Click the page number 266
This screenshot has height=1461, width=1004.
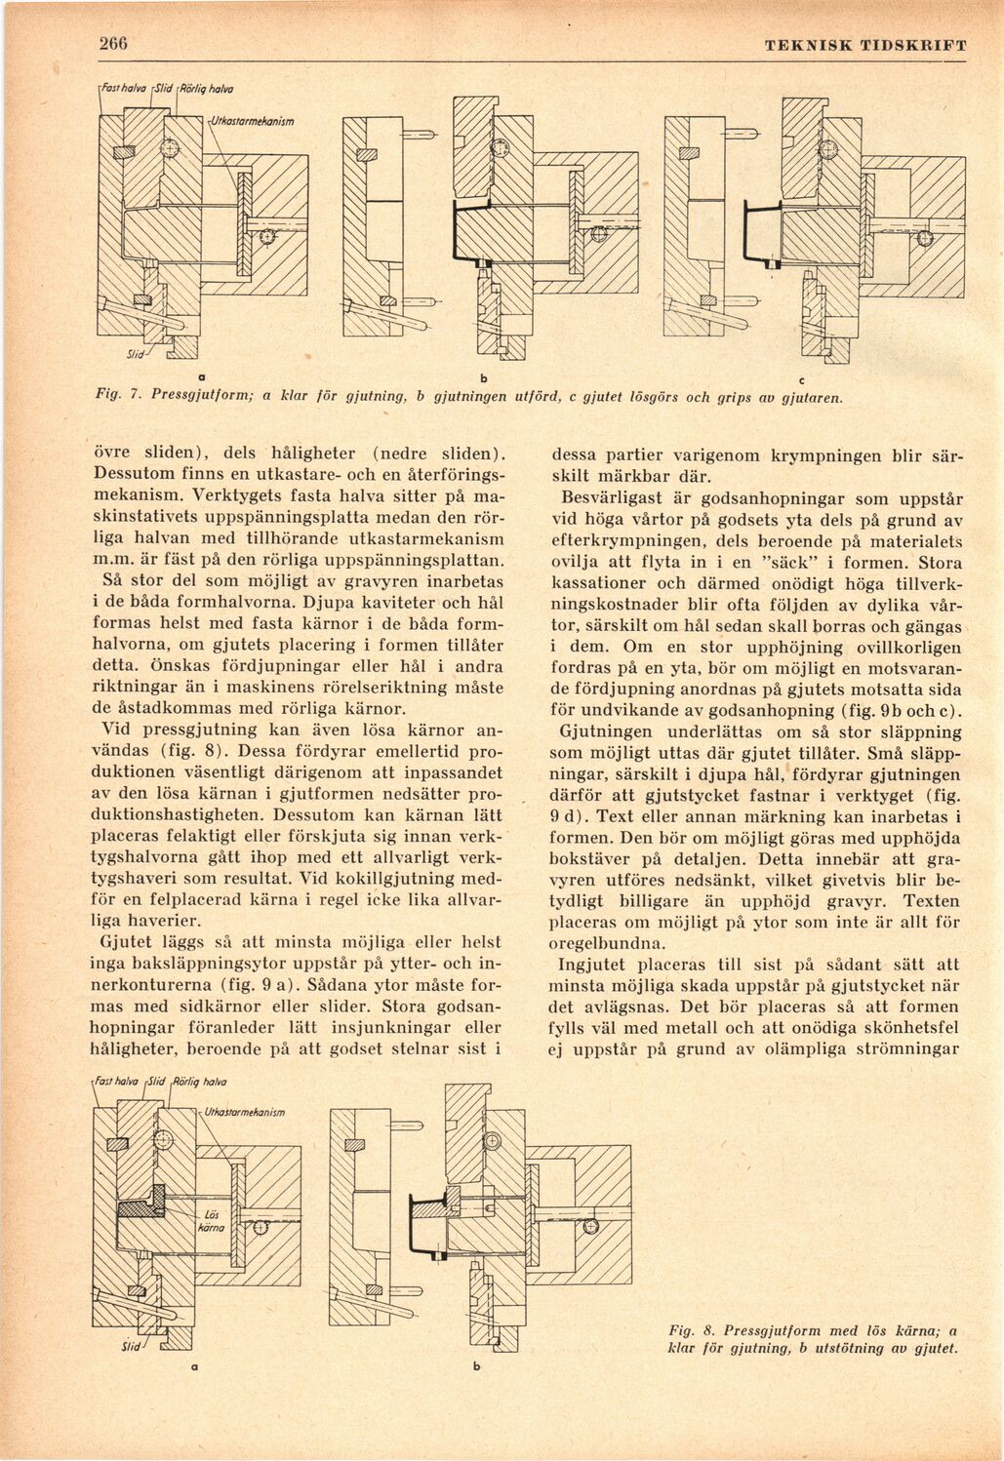click(112, 44)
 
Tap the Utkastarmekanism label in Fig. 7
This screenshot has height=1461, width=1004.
click(251, 121)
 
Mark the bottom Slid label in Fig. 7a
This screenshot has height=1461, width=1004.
click(135, 353)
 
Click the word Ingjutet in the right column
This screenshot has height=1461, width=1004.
click(588, 965)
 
